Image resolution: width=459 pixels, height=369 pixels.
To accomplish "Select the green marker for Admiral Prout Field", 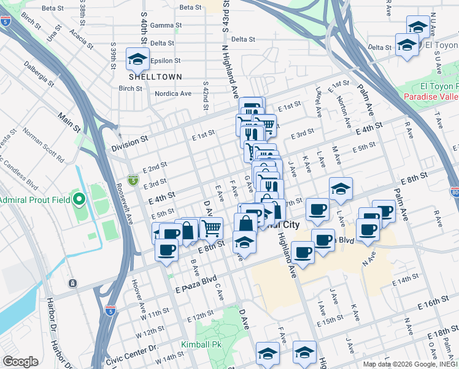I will tap(79, 199).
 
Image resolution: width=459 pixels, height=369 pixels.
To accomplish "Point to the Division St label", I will tap(130, 140).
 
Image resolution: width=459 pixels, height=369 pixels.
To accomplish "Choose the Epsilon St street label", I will tap(165, 61).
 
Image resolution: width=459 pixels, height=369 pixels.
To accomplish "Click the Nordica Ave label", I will tap(172, 93).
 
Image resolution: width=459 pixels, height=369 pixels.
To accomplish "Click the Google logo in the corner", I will tap(20, 362).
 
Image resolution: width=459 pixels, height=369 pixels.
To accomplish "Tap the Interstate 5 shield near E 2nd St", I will tap(133, 180).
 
